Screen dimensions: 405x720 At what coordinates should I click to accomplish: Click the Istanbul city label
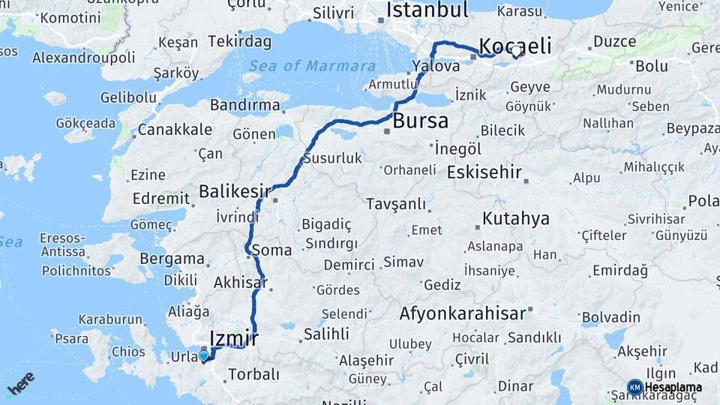(427, 10)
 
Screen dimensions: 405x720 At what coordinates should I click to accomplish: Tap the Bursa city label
(421, 120)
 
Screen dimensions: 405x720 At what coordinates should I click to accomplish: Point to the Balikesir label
(234, 191)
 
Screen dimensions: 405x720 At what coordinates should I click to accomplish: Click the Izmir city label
(235, 338)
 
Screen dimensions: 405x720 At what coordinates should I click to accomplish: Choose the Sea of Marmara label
(302, 65)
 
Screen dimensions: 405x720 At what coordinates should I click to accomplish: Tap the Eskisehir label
(484, 172)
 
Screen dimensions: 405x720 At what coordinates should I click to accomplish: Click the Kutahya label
(516, 219)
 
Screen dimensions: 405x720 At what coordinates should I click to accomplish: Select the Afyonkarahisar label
(463, 313)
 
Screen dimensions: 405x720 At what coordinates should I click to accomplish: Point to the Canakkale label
(174, 129)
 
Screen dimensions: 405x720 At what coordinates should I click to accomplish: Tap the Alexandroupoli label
(83, 57)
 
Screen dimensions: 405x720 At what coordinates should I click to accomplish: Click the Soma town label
(271, 250)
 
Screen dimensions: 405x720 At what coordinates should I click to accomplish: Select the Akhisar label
(240, 283)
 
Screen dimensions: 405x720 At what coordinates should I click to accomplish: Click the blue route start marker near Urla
(202, 355)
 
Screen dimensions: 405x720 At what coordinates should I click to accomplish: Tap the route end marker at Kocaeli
(516, 52)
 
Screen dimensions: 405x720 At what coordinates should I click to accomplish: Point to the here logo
(21, 383)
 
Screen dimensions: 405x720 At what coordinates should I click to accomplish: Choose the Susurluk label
(332, 158)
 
